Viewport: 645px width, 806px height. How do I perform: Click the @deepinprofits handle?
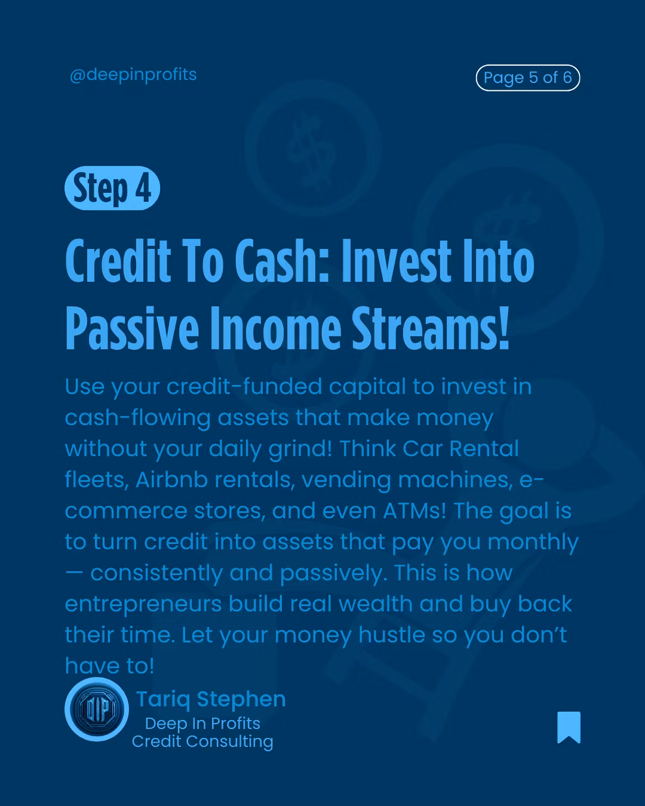coord(133,75)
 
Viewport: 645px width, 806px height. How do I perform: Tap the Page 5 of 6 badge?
coord(528,78)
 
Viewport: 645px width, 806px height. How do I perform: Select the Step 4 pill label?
coord(112,188)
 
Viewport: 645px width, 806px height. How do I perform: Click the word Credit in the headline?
coord(118,261)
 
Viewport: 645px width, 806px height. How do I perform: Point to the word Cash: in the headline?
coord(282,261)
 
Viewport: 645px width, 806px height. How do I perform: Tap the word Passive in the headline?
coord(133,328)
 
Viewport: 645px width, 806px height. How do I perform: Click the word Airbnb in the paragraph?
coord(171,479)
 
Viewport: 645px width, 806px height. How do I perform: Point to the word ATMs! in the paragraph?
coord(414,510)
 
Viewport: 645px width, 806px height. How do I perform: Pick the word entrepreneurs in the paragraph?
coord(143,604)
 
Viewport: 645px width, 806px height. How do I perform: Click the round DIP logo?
coord(97,709)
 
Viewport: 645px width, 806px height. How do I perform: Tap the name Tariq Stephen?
coord(211,699)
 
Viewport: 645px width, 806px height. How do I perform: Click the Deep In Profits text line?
coord(202,724)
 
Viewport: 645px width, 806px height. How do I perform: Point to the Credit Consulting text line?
coord(202,742)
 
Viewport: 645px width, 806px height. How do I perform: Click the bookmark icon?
coord(569,727)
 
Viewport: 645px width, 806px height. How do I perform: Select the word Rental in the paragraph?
coord(484,448)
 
